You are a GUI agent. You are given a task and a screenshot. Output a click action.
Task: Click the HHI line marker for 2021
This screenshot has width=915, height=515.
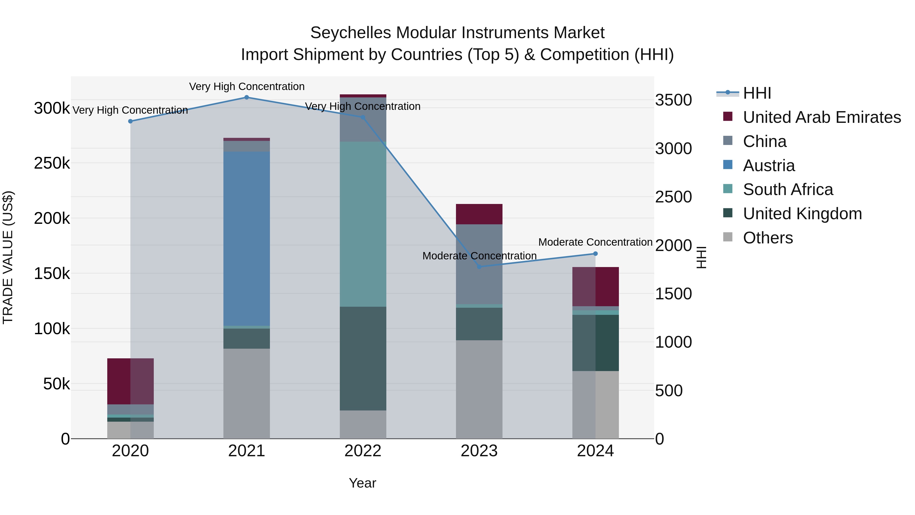(247, 97)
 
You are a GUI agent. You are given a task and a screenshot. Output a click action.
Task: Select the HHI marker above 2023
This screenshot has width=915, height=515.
(479, 267)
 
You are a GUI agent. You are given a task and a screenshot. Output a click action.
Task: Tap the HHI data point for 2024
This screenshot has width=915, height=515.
(595, 254)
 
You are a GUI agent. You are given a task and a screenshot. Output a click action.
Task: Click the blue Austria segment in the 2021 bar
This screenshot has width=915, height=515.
(247, 238)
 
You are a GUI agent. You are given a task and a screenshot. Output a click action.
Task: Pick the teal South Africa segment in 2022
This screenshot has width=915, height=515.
(363, 224)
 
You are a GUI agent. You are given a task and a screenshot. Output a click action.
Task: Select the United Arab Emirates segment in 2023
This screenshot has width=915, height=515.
(479, 214)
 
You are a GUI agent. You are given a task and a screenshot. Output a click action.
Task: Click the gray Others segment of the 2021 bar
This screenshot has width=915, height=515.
(247, 393)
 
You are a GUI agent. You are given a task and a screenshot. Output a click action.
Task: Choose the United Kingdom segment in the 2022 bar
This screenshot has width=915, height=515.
(363, 358)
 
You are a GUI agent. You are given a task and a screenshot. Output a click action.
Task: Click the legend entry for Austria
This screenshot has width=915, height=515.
(769, 166)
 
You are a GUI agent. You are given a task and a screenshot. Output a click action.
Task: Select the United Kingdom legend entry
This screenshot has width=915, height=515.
(802, 214)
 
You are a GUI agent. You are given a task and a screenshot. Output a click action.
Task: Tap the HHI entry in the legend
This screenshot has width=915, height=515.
(757, 93)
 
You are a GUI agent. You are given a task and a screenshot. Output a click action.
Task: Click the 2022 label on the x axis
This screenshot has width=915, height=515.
(363, 451)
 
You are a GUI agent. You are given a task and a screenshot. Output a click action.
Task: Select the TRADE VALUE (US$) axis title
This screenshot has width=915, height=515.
(8, 257)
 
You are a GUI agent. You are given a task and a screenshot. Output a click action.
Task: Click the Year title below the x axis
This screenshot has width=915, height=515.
(362, 483)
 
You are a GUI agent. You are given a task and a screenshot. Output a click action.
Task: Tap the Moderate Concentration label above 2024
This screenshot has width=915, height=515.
(595, 242)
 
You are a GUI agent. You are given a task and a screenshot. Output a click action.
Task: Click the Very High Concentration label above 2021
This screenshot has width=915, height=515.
(247, 86)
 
